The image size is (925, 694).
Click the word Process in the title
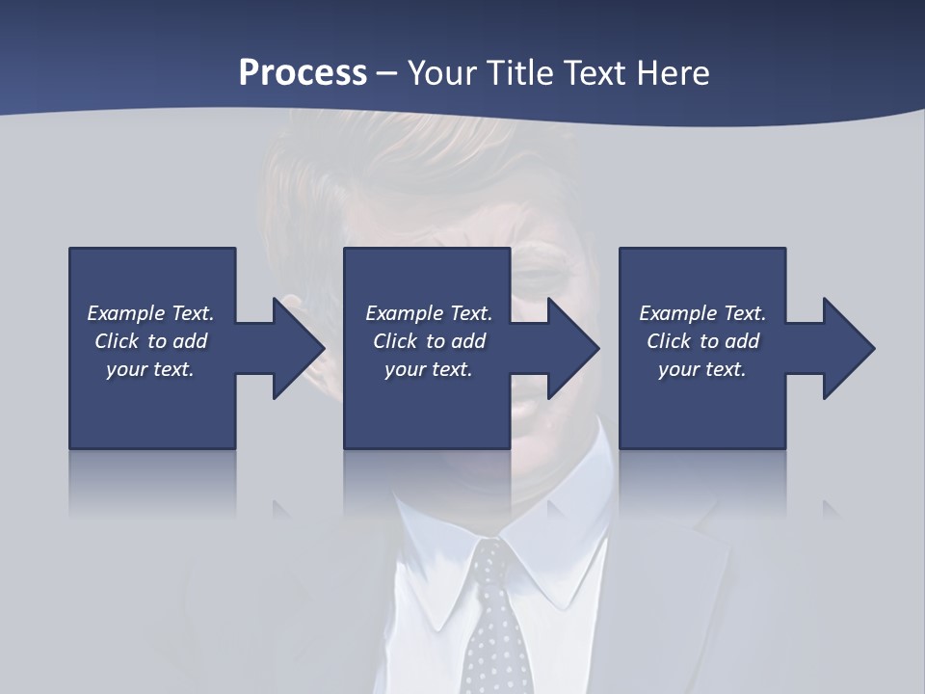coord(303,73)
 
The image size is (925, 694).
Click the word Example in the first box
coord(125,313)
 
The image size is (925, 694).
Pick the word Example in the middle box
coord(404,313)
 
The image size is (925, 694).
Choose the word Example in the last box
coord(677,313)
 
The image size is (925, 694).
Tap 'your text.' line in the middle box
coord(428,369)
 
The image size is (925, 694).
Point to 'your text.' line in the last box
coord(701,369)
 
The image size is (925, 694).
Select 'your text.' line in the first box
coord(149,369)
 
